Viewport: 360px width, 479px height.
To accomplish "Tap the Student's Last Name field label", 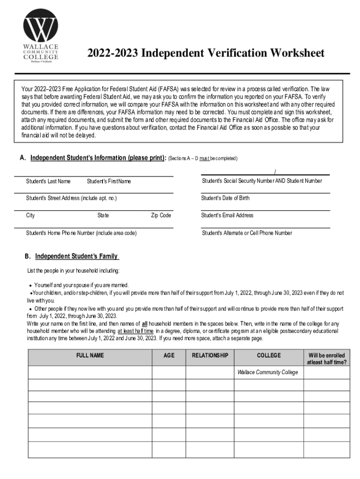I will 48,181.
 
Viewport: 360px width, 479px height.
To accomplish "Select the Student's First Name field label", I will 109,181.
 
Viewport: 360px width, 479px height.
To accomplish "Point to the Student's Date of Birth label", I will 225,198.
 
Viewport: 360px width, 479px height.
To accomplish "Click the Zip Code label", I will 161,216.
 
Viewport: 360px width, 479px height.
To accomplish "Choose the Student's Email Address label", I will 227,216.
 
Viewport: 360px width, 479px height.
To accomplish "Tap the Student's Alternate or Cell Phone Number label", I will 247,233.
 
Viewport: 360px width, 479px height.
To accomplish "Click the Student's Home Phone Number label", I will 81,233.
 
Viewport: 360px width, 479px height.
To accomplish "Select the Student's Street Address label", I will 71,198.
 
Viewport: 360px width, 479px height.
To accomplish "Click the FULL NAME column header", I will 90,356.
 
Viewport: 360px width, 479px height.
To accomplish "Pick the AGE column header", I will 169,356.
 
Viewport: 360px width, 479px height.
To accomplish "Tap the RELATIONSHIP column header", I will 210,356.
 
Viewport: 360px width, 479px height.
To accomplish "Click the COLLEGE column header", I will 269,356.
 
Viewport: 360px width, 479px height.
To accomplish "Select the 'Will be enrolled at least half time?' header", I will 326,359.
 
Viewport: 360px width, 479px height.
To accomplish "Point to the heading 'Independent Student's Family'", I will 77,256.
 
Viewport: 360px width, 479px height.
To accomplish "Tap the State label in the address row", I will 103,216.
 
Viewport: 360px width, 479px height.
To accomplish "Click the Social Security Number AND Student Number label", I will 262,181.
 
